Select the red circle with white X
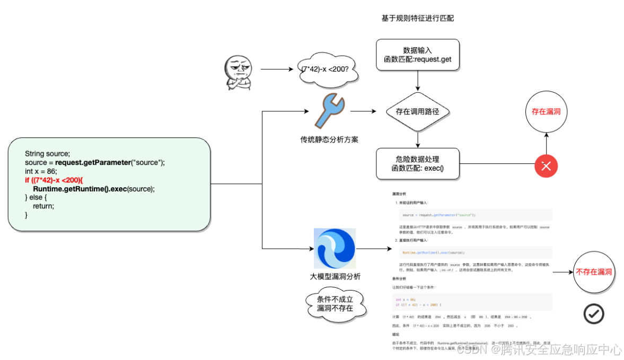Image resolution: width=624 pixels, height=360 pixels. click(x=546, y=166)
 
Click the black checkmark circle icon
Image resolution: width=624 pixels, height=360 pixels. click(x=593, y=314)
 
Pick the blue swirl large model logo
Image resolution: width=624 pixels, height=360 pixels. click(x=335, y=249)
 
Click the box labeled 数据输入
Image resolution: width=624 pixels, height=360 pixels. click(x=418, y=55)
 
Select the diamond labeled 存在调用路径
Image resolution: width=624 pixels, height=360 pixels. click(x=418, y=111)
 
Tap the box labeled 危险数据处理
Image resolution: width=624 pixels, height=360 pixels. click(x=418, y=164)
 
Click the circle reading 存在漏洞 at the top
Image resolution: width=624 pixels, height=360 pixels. click(x=546, y=112)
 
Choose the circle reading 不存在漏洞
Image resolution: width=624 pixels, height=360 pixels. click(x=594, y=272)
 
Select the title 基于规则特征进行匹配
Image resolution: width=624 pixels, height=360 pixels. click(x=417, y=18)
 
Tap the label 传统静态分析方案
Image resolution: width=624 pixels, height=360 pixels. click(x=329, y=139)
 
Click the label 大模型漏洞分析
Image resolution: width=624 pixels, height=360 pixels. click(x=335, y=277)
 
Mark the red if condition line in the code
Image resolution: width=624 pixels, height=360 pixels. click(x=54, y=180)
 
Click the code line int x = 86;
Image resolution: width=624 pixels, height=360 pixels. click(x=41, y=171)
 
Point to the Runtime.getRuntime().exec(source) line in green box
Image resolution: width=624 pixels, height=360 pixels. click(x=94, y=189)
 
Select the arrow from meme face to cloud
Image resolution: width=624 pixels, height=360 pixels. click(x=276, y=69)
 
